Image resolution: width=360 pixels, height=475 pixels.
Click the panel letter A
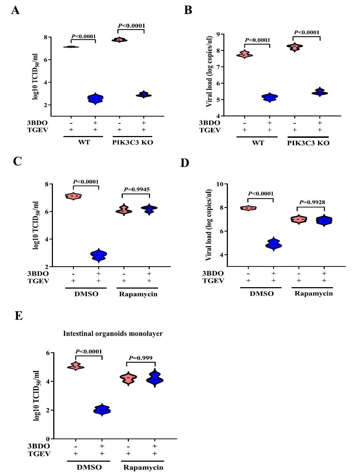point(15,10)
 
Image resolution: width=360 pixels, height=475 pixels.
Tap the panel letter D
point(185,163)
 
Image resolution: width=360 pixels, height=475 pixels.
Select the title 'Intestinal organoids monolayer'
point(113,334)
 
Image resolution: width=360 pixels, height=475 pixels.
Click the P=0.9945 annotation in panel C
point(136,189)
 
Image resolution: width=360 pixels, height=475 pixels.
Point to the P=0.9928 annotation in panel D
point(312,202)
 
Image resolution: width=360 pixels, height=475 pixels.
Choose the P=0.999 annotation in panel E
point(140,358)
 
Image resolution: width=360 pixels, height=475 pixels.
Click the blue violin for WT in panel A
point(95,99)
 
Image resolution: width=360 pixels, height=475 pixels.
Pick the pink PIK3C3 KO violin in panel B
point(294,47)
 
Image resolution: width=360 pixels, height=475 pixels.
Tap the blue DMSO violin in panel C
point(99,255)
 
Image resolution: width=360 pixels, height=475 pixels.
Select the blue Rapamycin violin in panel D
point(324,220)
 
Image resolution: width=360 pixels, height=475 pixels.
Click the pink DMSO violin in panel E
point(76,366)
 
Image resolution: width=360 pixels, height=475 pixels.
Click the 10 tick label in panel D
point(220,184)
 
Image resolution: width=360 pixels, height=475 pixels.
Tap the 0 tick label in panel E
point(48,439)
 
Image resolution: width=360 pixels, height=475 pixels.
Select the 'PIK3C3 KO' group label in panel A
point(132,142)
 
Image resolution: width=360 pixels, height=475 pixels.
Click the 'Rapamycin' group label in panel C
point(138,294)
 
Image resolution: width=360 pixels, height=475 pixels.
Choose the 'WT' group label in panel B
point(258,143)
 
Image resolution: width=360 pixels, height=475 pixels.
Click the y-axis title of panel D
point(208,225)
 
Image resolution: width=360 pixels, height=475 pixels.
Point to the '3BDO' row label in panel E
point(39,446)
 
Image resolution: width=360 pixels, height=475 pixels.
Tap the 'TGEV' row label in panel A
point(38,130)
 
